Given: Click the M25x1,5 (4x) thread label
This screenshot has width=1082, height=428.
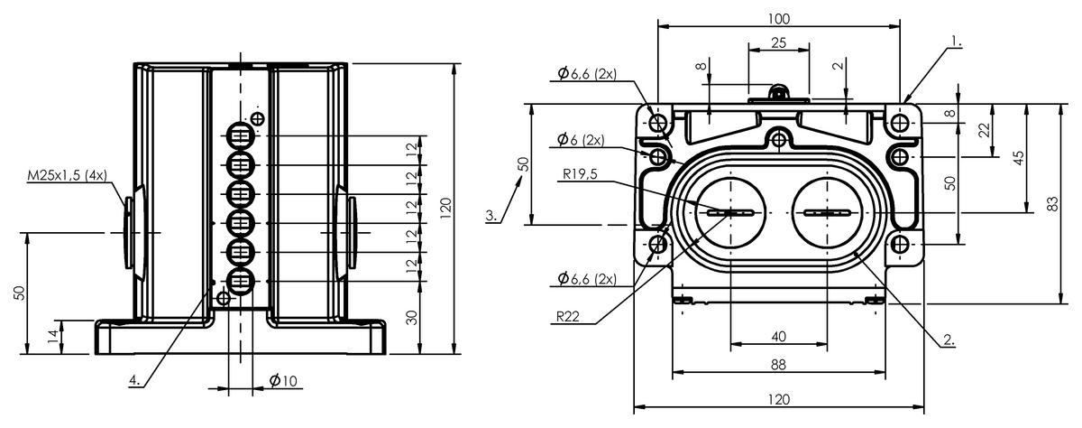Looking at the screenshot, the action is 67,175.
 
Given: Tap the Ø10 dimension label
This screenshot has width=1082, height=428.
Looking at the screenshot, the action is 283,381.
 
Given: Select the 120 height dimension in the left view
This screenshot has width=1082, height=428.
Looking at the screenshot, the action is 445,208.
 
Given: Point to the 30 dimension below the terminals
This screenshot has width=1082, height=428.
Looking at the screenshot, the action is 411,318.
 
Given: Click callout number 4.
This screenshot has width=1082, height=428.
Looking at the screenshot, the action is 135,381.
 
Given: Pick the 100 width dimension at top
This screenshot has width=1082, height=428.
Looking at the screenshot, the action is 779,19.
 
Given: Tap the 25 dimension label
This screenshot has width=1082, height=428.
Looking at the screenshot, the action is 779,43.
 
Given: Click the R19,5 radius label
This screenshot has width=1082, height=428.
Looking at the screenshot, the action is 580,174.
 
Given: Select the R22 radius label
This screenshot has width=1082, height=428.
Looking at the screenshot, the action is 567,317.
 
